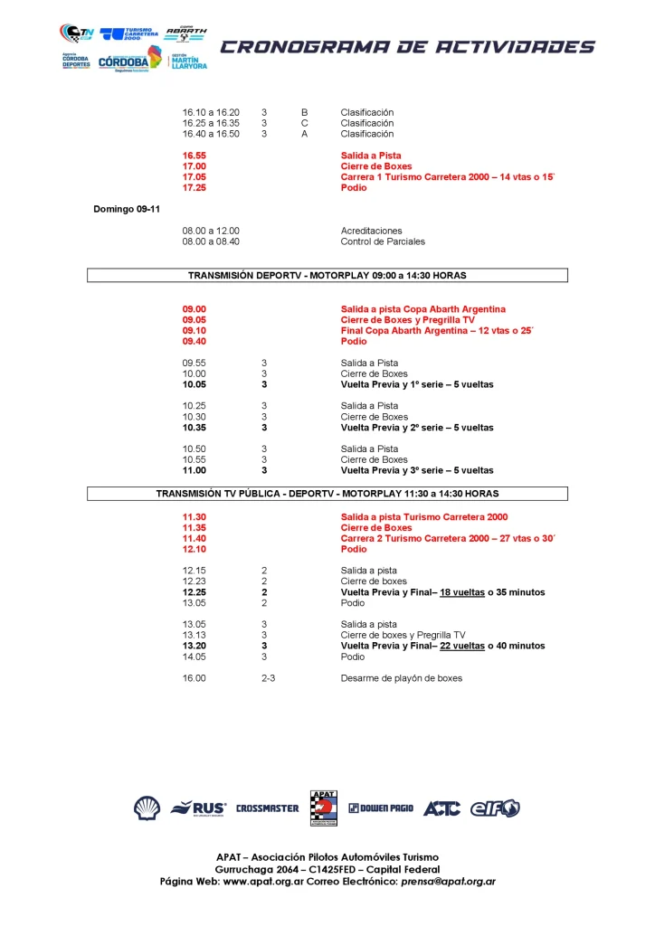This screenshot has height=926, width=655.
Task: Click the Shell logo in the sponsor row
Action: coord(147,808)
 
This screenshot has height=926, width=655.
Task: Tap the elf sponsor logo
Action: coord(495,808)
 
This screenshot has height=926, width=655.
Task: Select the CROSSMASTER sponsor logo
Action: coord(267,808)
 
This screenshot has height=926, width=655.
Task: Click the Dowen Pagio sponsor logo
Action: coord(381,808)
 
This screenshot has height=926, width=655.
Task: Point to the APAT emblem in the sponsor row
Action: coord(323,808)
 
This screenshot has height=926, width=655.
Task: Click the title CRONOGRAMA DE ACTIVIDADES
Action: coord(408,47)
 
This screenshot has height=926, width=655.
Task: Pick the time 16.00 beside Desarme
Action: coord(194,678)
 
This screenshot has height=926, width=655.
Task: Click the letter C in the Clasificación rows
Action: coord(305,123)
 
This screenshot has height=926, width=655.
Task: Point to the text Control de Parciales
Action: coord(383,241)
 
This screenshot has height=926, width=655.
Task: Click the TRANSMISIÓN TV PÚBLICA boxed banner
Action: coord(327,494)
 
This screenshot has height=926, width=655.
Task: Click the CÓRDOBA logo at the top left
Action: coord(122,61)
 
